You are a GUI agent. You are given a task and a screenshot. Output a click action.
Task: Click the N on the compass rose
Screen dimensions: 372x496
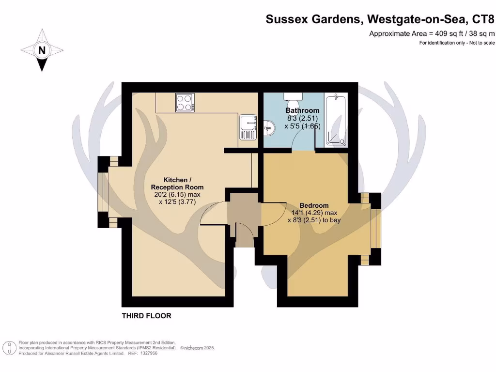[42, 50]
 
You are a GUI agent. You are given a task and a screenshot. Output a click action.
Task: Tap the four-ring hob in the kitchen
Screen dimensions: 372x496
[184, 103]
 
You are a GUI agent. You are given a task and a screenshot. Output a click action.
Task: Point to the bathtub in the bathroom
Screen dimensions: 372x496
[336, 120]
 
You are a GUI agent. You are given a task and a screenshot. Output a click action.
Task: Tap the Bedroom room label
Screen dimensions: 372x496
[313, 205]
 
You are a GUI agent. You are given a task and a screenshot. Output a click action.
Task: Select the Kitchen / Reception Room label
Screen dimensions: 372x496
[177, 183]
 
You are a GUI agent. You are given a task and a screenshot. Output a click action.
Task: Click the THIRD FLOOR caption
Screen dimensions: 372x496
[146, 316]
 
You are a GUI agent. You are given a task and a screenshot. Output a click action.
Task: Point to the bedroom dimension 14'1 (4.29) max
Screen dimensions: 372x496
[313, 213]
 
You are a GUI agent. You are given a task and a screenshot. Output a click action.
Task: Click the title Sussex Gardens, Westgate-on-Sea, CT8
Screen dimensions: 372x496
[380, 20]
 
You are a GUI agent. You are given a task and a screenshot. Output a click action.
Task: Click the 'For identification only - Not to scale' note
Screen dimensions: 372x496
[457, 43]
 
